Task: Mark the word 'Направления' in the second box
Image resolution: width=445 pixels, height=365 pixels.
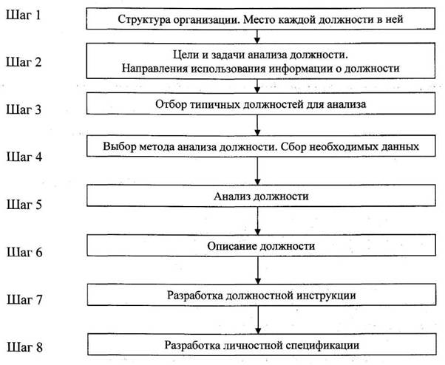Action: tap(146, 68)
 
